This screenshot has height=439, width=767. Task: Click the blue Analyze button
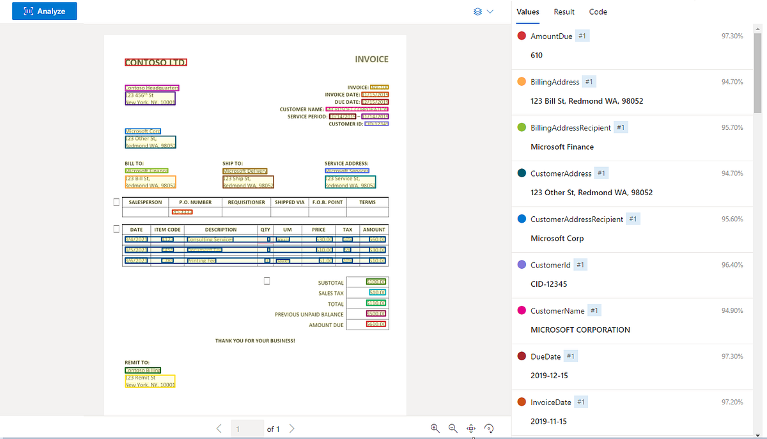point(44,11)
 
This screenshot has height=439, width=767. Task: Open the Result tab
point(564,12)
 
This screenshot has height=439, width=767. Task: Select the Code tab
point(598,12)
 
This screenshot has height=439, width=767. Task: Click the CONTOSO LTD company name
point(155,63)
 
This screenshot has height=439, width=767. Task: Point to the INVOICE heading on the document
point(371,60)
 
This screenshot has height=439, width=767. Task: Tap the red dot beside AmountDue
point(522,36)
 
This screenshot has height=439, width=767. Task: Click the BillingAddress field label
point(555,82)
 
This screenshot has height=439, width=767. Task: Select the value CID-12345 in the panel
point(548,284)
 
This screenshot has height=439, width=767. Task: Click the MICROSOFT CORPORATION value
point(580,330)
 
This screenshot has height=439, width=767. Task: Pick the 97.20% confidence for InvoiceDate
point(732,402)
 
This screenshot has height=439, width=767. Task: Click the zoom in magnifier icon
point(435,428)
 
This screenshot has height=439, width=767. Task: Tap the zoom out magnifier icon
point(453,428)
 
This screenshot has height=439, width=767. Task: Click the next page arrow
point(292,428)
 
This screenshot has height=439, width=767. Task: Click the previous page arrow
point(219,428)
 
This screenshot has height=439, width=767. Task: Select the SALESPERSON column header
point(145,202)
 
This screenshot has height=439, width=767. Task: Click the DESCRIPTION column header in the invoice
point(221,230)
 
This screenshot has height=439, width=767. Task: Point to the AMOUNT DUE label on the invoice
point(326,325)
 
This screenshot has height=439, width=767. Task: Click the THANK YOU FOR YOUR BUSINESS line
point(255,341)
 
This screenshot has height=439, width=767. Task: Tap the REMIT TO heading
point(137,362)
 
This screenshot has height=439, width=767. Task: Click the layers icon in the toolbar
point(477,12)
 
